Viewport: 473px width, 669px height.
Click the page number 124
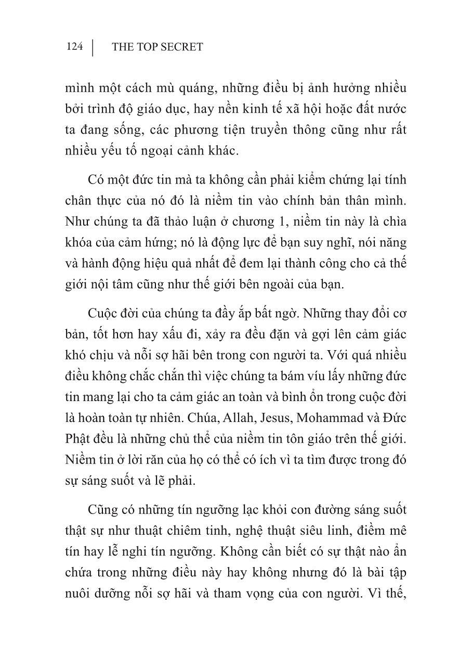pyautogui.click(x=75, y=47)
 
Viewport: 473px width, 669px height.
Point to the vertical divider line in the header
pyautogui.click(x=93, y=47)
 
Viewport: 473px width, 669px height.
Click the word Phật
pyautogui.click(x=78, y=439)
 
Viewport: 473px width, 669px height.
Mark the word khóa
pyautogui.click(x=80, y=242)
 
